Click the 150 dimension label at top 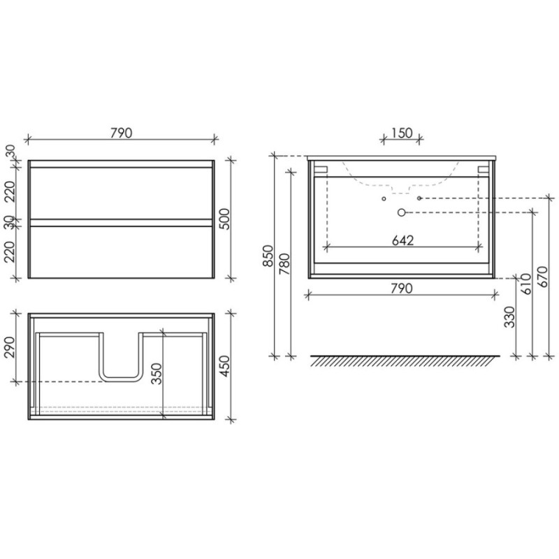point(402,133)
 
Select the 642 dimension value point(403,240)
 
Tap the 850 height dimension point(268,256)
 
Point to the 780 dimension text point(284,264)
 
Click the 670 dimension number point(542,277)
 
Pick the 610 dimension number point(526,284)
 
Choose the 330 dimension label point(510,317)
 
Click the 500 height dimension point(225,219)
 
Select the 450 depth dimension point(225,366)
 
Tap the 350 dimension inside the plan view point(157,374)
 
